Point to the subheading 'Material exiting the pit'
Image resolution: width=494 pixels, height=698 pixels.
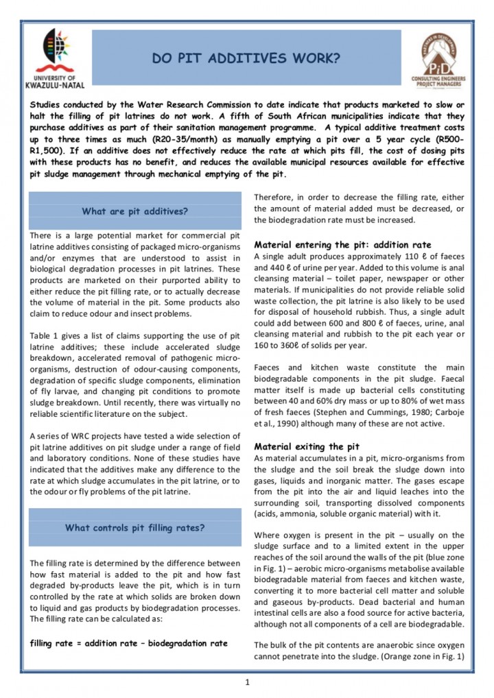point(307,446)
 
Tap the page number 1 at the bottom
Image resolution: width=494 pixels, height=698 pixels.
point(248,682)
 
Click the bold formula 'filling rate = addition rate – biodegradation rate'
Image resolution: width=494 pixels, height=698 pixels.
point(128,643)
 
